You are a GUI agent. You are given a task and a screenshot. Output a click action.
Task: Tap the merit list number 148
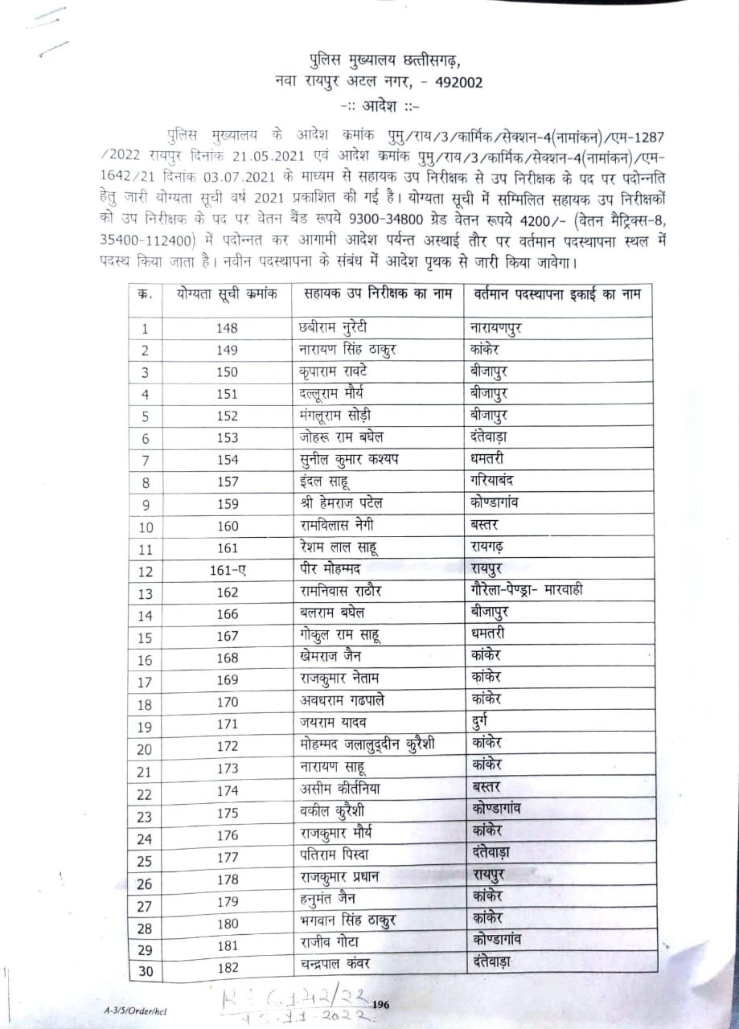click(228, 329)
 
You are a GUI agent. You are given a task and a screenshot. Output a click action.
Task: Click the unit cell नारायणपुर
click(507, 328)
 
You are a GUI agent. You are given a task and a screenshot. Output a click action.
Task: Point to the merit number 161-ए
click(228, 572)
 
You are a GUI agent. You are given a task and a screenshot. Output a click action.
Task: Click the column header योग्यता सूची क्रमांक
click(228, 293)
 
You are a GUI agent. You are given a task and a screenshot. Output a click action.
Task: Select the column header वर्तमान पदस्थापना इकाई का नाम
click(556, 293)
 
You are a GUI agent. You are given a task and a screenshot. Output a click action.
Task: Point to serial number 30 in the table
click(146, 971)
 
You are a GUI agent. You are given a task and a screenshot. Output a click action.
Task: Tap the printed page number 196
click(381, 1003)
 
